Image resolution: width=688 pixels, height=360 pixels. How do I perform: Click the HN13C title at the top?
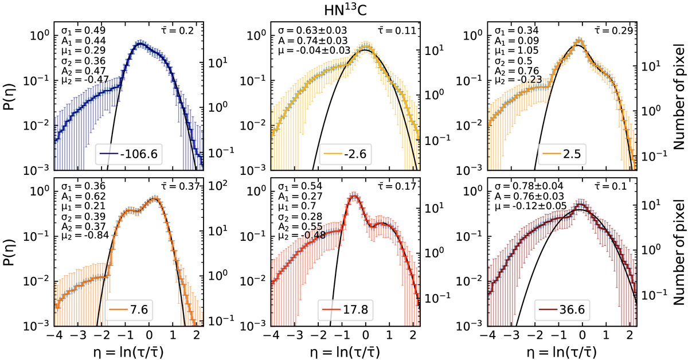click(345, 10)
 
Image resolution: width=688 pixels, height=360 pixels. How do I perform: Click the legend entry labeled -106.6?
click(128, 154)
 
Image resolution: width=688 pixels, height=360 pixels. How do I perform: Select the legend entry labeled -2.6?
click(345, 154)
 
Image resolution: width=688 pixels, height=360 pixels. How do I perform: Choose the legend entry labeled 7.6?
click(128, 310)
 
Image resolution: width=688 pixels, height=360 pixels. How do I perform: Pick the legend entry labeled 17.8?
click(345, 310)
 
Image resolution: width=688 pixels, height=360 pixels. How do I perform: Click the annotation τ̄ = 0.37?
click(181, 186)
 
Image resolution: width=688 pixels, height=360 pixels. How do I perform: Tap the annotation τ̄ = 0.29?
click(614, 30)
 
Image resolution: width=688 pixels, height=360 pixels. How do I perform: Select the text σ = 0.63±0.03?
click(312, 30)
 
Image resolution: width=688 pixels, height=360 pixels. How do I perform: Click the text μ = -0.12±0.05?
click(530, 206)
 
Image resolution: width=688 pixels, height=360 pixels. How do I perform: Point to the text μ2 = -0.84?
click(85, 235)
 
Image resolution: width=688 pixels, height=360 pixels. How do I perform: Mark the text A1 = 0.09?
click(517, 41)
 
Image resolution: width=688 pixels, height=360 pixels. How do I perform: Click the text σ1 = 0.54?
click(300, 186)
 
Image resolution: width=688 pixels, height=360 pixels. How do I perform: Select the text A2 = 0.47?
click(84, 71)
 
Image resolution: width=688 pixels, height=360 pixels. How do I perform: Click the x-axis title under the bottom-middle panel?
click(345, 352)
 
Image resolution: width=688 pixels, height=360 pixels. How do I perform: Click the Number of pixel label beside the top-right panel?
click(679, 97)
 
